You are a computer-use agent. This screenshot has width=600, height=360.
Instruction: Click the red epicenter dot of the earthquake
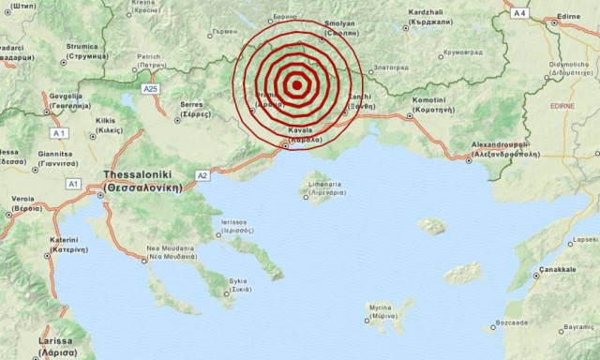tap(296, 85)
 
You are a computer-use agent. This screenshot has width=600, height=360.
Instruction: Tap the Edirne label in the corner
tap(571, 15)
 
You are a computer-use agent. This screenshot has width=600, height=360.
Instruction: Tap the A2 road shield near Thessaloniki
tap(202, 175)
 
